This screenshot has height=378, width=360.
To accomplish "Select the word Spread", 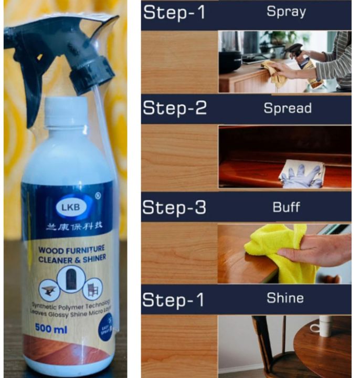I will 288,109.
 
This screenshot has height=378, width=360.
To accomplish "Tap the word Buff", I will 286,207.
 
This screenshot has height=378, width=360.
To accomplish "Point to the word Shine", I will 285,298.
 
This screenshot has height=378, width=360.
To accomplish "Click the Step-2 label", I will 175,109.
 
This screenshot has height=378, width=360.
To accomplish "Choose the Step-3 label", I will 175,206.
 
